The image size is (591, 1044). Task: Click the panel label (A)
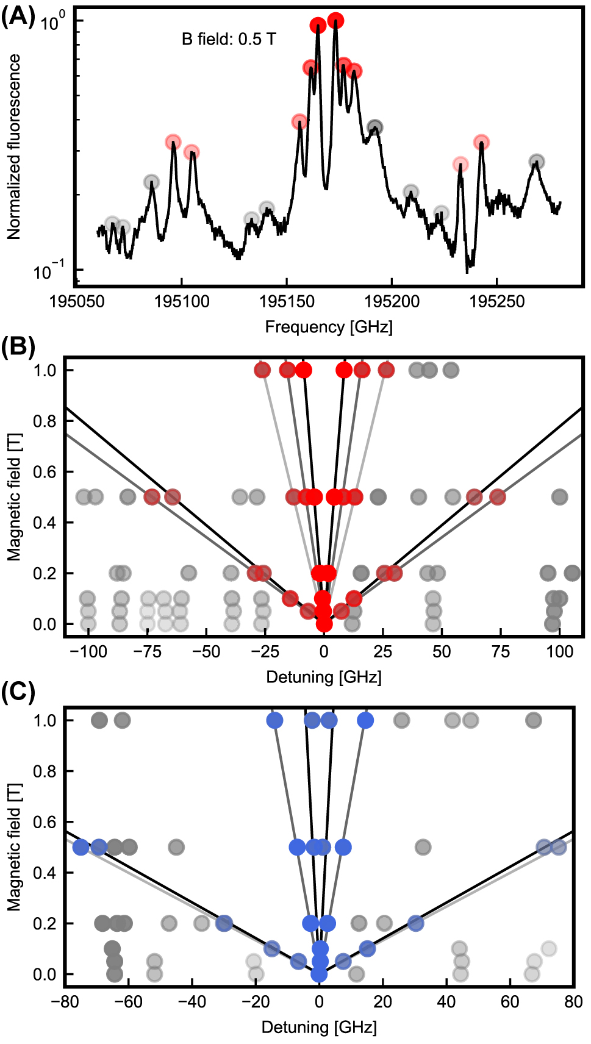tap(18, 16)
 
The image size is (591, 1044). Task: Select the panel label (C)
tap(18, 692)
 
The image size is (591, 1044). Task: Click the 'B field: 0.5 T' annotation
tap(229, 40)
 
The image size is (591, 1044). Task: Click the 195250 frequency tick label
tap(496, 301)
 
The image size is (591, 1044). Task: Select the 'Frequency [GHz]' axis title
tap(329, 327)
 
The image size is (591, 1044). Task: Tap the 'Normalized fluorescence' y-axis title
tap(14, 146)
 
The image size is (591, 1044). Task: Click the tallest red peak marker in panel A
tap(335, 21)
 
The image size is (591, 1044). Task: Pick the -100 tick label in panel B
tap(88, 652)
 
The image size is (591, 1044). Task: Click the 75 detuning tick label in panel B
tap(501, 652)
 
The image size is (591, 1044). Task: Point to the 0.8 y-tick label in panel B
tap(45, 421)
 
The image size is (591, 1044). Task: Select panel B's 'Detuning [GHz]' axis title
tap(324, 678)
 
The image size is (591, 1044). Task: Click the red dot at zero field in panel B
tap(324, 624)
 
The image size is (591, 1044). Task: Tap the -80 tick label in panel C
tap(65, 1002)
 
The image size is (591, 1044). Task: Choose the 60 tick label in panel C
tap(510, 1002)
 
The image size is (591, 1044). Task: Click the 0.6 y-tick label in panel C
tap(45, 822)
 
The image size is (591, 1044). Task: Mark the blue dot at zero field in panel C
tap(319, 974)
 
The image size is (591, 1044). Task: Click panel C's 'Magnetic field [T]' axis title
tap(14, 848)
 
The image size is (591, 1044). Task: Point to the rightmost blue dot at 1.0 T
tap(365, 720)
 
